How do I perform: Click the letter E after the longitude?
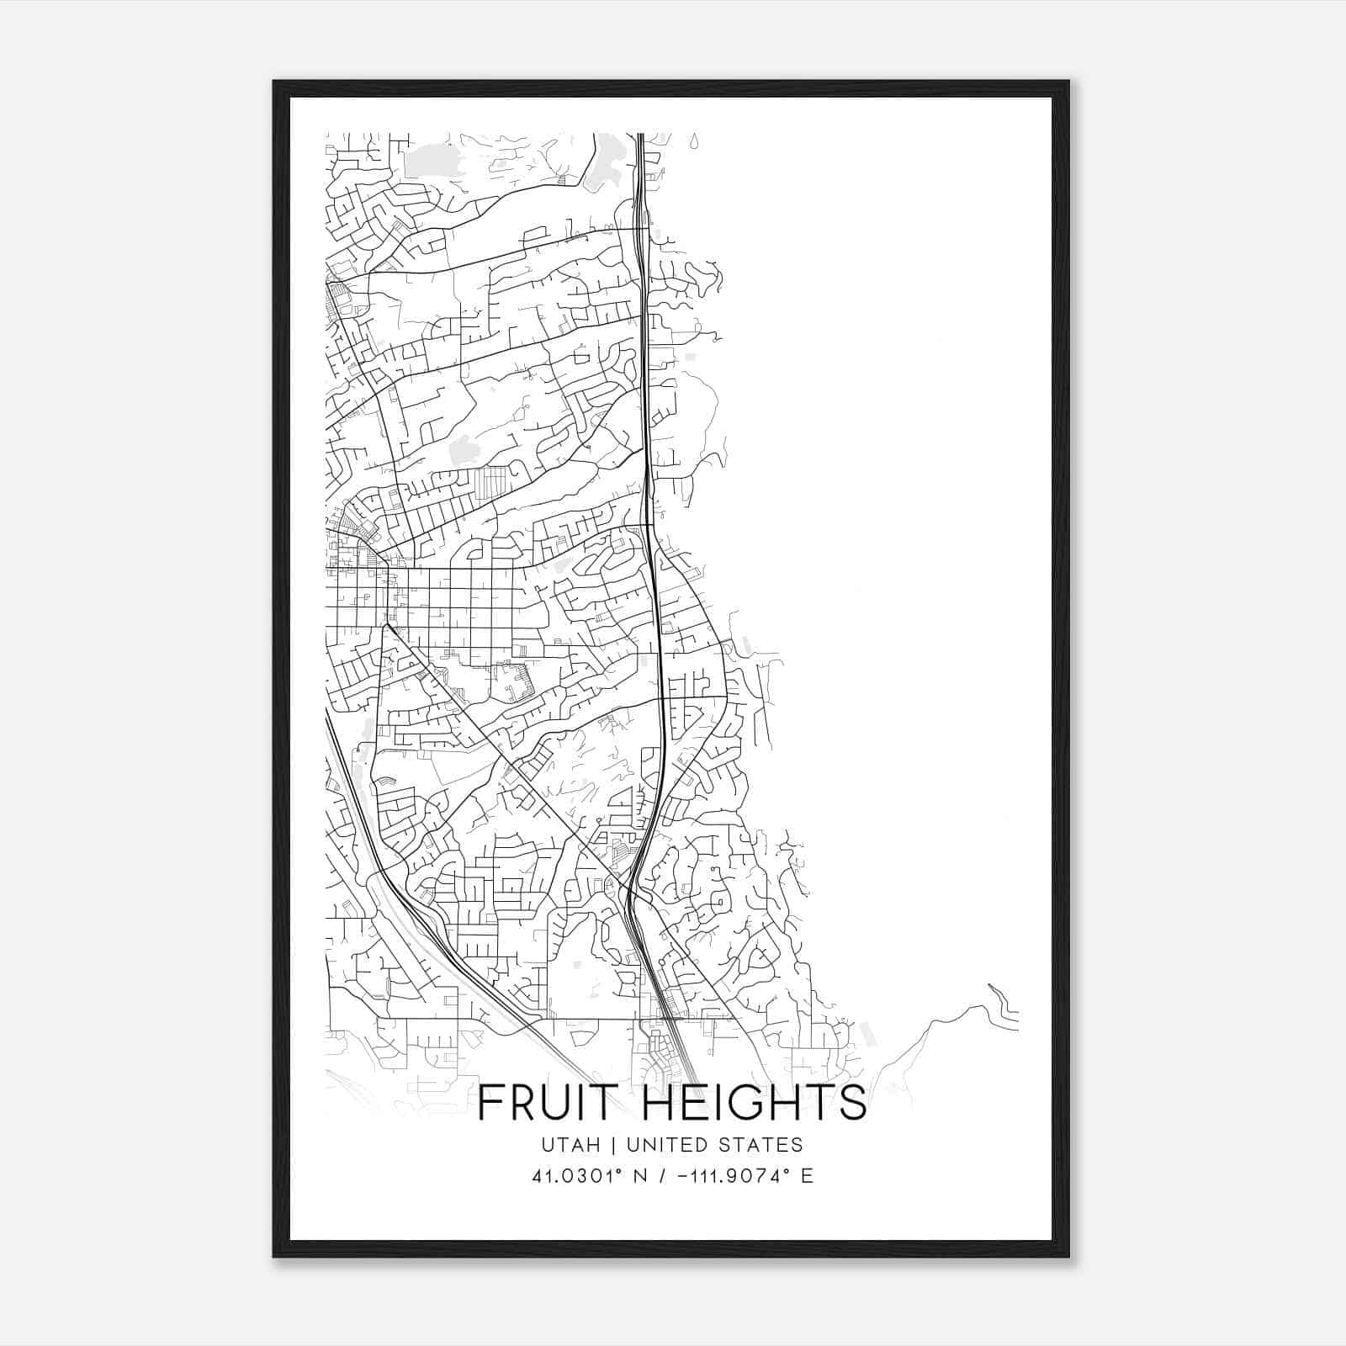click(808, 1176)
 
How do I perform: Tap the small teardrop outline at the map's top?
click(693, 140)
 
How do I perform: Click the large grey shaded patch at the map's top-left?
click(434, 160)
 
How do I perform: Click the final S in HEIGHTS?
click(852, 1103)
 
